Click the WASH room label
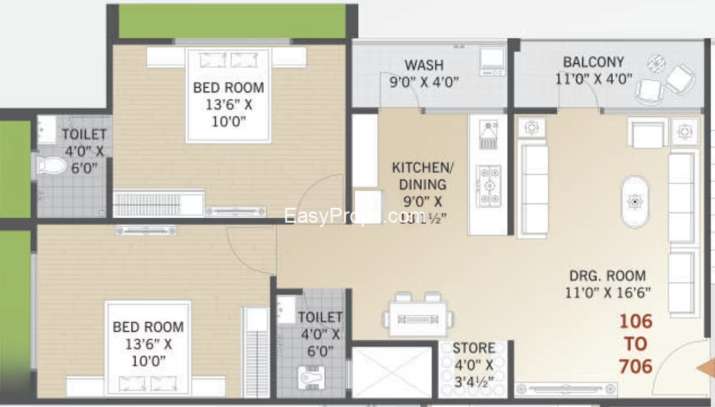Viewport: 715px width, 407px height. [x=423, y=65]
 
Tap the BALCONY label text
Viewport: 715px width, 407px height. [x=593, y=62]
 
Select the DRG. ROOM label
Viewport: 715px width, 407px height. [x=607, y=276]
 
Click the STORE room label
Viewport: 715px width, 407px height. [x=473, y=348]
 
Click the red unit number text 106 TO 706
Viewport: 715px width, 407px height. [x=635, y=343]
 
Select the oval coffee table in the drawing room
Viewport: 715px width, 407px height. [x=634, y=202]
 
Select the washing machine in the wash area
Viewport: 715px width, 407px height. [x=492, y=60]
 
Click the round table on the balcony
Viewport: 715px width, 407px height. [x=656, y=63]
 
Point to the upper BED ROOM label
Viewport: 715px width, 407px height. [x=228, y=88]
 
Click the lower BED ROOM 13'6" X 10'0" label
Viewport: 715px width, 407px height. [x=148, y=343]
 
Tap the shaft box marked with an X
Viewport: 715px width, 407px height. [x=391, y=372]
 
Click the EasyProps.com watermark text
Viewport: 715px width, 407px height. [x=354, y=216]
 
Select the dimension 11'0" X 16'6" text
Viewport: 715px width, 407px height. [x=608, y=292]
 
